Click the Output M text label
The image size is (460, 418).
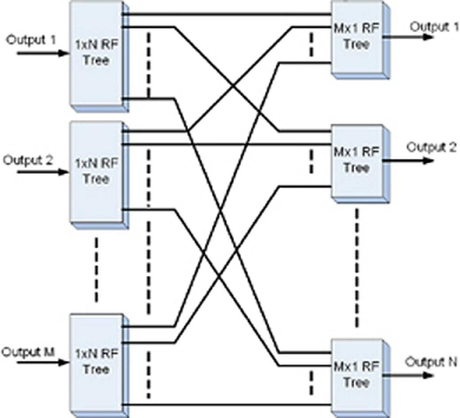[28, 352]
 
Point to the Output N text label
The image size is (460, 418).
[431, 362]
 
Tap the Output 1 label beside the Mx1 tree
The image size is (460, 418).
[434, 27]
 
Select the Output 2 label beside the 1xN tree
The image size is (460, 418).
[28, 160]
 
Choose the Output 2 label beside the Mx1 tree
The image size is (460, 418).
[431, 147]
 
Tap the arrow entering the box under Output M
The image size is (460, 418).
[42, 362]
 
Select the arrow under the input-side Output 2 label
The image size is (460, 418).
[42, 172]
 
